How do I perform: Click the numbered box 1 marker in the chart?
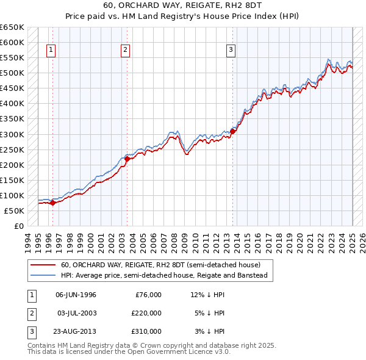51,51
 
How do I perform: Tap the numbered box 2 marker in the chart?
125,51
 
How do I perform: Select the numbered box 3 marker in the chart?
231,51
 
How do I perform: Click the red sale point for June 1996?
52,203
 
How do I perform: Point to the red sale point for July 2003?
127,159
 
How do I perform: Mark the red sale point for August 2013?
233,131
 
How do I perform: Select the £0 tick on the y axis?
19,226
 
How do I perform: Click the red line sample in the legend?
43,265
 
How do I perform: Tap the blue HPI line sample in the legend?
43,275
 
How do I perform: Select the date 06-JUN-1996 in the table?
76,295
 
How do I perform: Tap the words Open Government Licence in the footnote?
176,352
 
